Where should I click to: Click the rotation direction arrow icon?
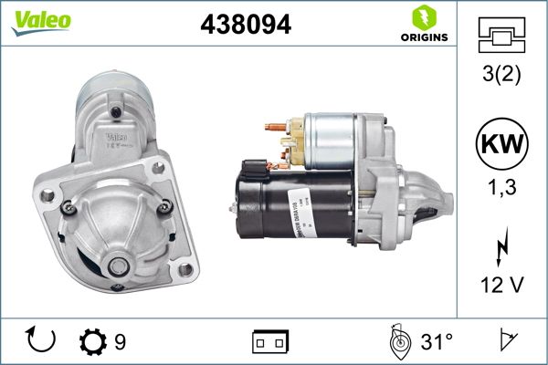pyautogui.click(x=42, y=341)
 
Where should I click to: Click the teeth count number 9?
pyautogui.click(x=121, y=342)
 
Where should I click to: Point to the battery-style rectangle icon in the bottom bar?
pyautogui.click(x=270, y=343)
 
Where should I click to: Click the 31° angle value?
pyautogui.click(x=437, y=342)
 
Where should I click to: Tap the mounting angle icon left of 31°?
pyautogui.click(x=397, y=341)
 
